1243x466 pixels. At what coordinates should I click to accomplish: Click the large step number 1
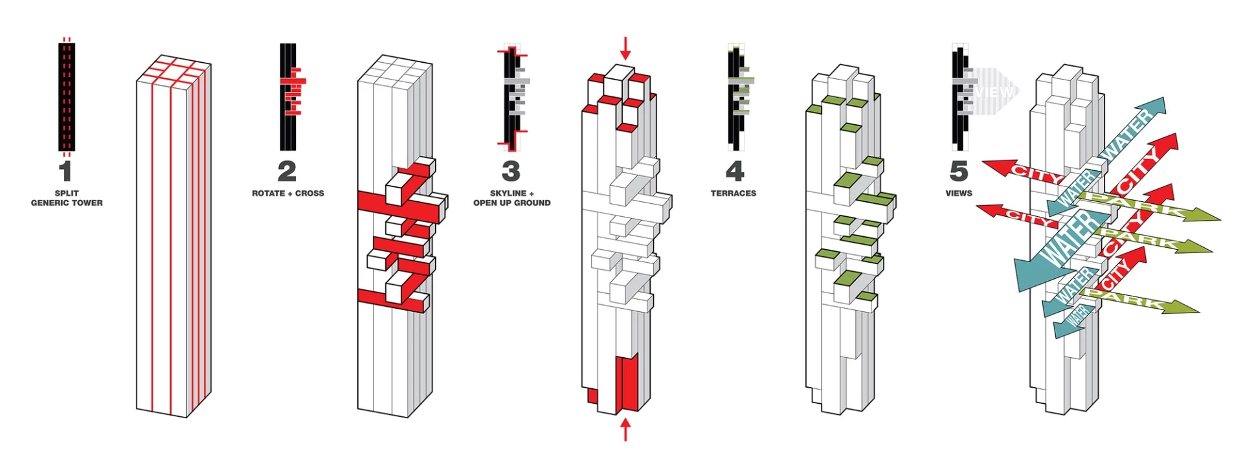pos(65,172)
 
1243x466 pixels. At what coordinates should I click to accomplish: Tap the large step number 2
pos(287,172)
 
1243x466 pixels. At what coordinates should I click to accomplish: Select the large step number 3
pos(511,172)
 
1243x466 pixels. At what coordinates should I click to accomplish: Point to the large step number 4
pos(734,172)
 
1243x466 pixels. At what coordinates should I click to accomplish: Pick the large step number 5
pos(958,172)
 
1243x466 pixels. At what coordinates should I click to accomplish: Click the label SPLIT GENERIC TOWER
pos(67,198)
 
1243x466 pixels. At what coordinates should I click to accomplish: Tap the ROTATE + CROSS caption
pos(288,194)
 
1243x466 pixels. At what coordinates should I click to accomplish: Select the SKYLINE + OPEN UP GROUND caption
pos(511,198)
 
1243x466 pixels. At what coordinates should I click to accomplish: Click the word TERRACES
pos(733,194)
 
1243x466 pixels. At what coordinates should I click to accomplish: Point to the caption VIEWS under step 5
pos(958,194)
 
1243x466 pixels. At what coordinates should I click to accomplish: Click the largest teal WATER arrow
pos(1062,246)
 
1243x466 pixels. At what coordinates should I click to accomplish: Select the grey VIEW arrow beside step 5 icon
pos(991,92)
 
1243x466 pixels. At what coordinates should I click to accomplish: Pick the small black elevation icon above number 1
pos(67,97)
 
